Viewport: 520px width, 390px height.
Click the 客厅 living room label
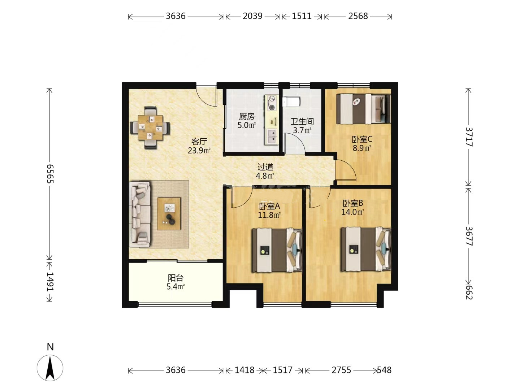[x=199, y=142]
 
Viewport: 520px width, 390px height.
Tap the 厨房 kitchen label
[x=247, y=116]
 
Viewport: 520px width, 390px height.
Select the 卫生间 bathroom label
[x=302, y=121]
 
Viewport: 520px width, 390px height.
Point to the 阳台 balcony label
[x=175, y=278]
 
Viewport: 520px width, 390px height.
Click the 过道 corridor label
[x=265, y=167]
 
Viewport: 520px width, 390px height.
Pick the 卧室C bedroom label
[x=362, y=139]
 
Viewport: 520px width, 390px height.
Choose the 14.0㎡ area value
[x=352, y=212]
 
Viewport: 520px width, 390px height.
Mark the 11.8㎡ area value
[x=269, y=215]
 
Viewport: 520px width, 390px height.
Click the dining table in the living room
[x=150, y=127]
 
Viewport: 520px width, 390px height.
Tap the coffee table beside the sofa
[x=169, y=213]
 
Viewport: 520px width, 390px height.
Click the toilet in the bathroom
[x=291, y=101]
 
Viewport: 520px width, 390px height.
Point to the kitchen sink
[x=272, y=136]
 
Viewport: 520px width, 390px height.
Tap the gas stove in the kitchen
[x=272, y=103]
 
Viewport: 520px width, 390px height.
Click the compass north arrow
[x=50, y=368]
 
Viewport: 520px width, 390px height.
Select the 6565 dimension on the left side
[x=50, y=174]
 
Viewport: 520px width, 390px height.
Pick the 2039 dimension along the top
[x=252, y=16]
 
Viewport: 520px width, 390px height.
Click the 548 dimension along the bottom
[x=384, y=370]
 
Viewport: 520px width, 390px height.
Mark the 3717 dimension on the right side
[x=469, y=137]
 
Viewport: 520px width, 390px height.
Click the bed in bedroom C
[x=363, y=109]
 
